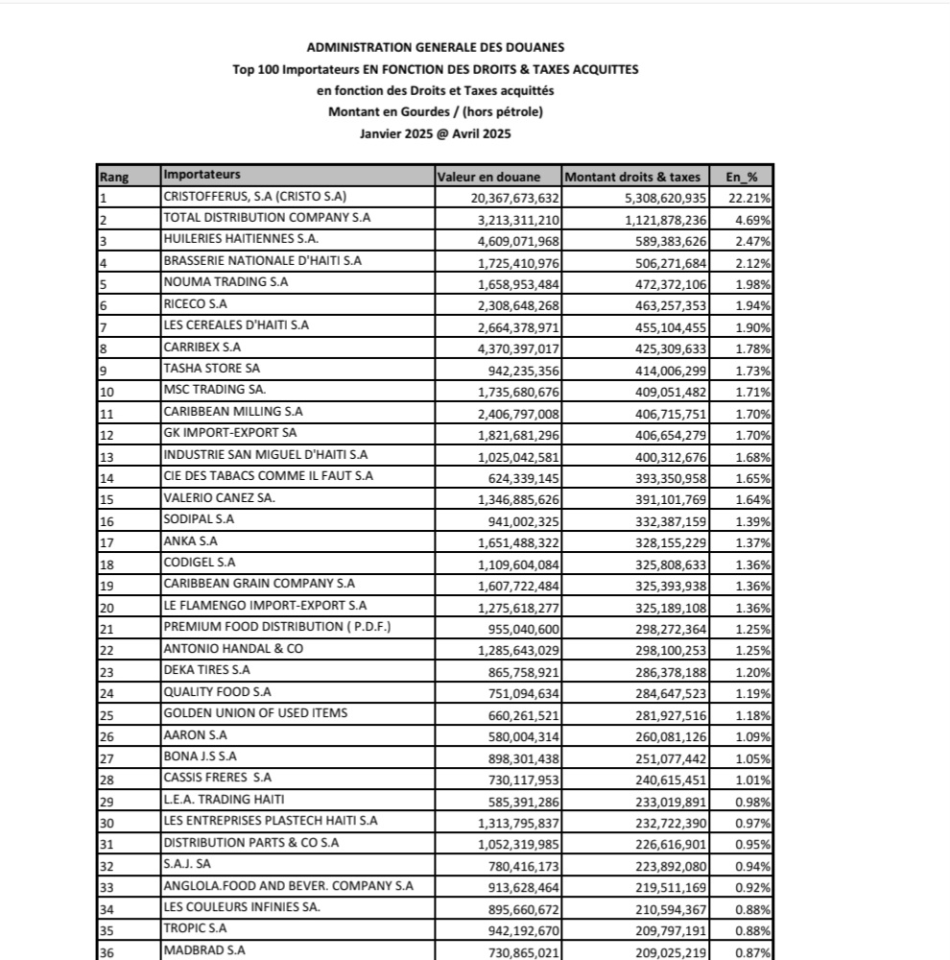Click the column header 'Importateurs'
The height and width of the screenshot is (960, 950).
[x=202, y=175]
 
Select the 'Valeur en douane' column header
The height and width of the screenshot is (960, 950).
[x=488, y=177]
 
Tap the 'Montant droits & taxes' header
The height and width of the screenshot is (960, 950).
[x=632, y=177]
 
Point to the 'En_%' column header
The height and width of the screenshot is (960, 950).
[x=741, y=177]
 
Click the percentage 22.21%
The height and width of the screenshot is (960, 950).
[x=753, y=198]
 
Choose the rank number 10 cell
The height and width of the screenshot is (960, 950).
[x=107, y=392]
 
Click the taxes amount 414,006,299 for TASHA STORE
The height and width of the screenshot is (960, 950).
[x=662, y=370]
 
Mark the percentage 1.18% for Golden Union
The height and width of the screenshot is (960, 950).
[x=753, y=714]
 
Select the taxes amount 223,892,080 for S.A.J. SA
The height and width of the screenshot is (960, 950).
[x=662, y=865]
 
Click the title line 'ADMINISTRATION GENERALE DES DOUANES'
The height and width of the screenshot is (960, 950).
[x=436, y=47]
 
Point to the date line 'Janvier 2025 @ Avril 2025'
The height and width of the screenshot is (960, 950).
[x=435, y=134]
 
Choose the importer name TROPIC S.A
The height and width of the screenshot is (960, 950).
[x=196, y=928]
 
